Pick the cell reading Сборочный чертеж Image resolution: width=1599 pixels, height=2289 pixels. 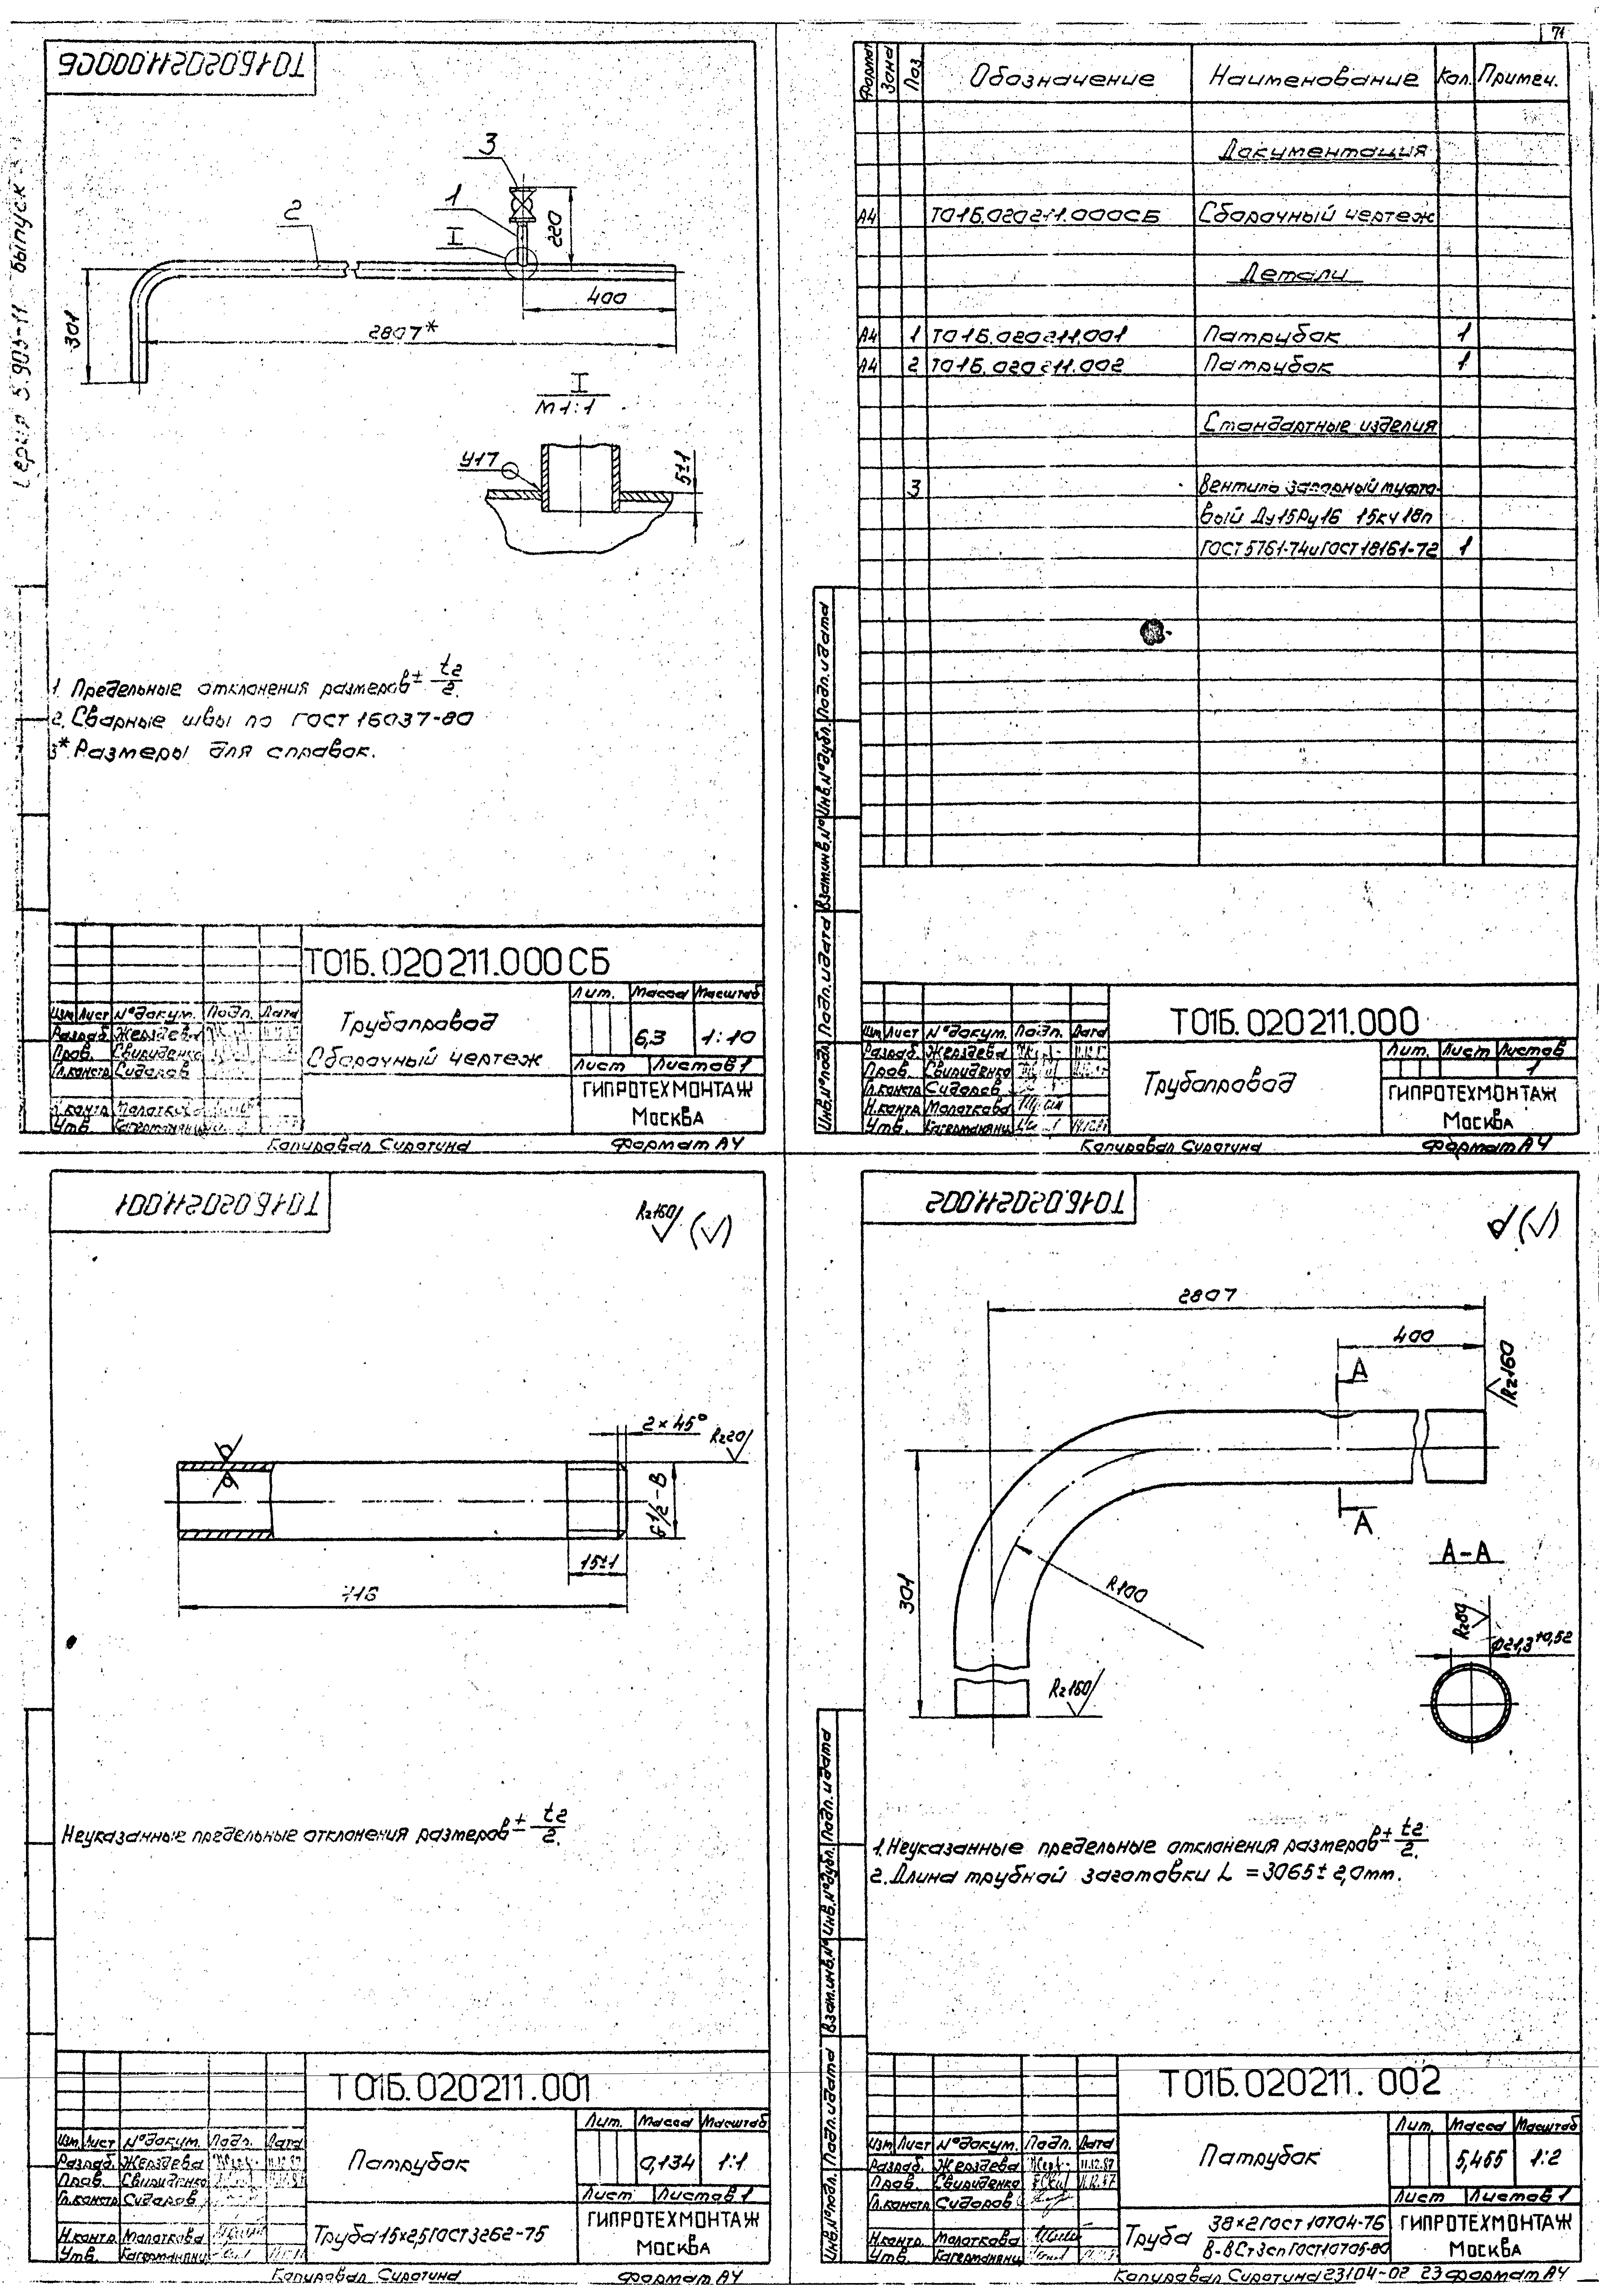pos(1318,215)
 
